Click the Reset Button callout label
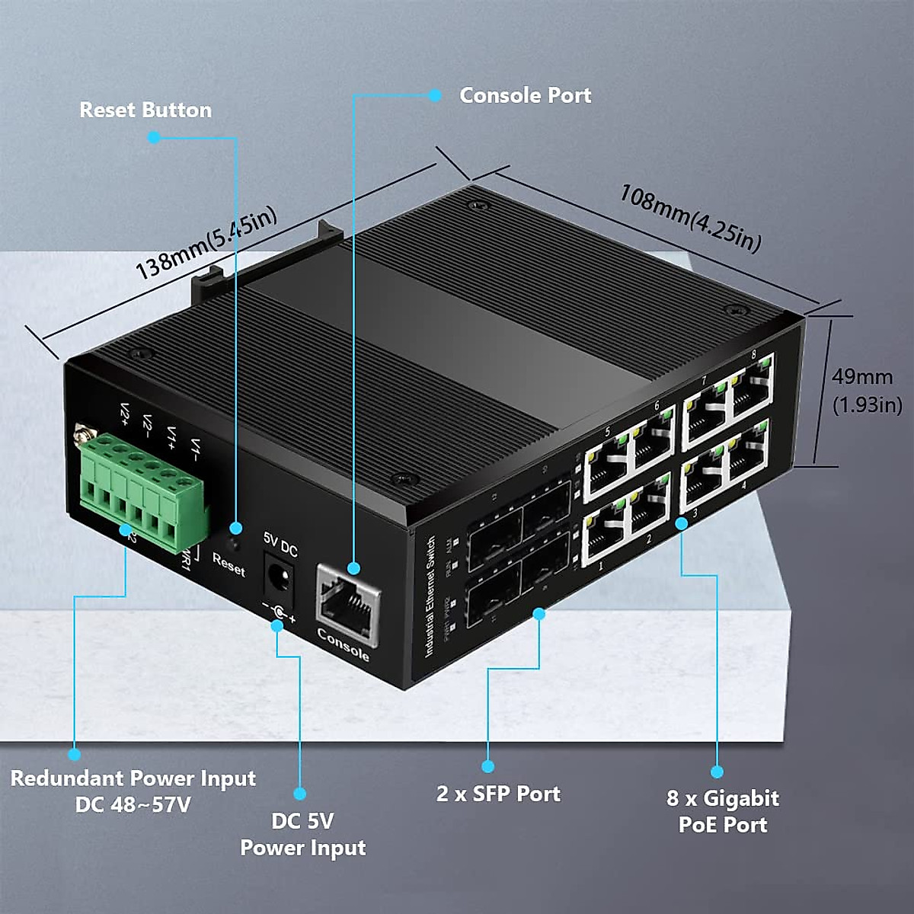pos(145,110)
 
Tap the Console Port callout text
pos(525,95)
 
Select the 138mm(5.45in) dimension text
pos(206,243)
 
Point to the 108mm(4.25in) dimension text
pos(690,218)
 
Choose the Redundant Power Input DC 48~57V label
pos(133,791)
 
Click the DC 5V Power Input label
pos(303,834)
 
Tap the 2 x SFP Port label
pos(498,794)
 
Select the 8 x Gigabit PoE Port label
pos(723,811)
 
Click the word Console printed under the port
pos(343,644)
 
